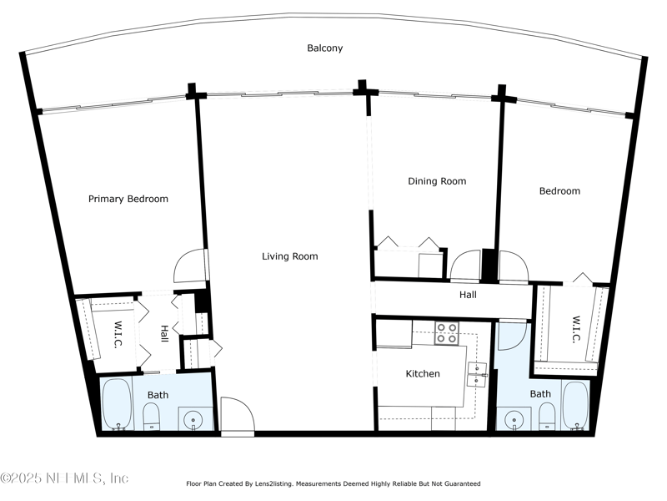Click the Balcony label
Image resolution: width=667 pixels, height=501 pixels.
pos(325,48)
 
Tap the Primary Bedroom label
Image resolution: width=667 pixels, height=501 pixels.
pos(128,199)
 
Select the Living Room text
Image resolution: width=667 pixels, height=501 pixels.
pos(289,256)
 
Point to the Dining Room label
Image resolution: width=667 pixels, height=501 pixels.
pos(437,181)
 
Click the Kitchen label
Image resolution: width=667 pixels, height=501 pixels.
pos(423,373)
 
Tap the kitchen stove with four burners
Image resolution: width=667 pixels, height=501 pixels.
pos(447,333)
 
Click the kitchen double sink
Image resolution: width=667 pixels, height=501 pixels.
pos(477,374)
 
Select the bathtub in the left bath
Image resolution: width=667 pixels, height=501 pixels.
pos(117,404)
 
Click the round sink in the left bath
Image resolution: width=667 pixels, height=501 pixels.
pos(193,419)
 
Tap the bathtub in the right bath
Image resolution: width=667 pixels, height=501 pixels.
pos(576,406)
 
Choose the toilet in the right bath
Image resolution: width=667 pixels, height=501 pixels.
pos(547,416)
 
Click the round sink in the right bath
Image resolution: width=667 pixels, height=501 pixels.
pos(514,419)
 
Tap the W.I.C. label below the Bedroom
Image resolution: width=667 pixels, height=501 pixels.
pos(576,329)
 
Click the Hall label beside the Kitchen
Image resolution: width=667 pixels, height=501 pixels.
pos(468,295)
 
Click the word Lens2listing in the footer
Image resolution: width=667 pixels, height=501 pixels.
pos(273,483)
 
